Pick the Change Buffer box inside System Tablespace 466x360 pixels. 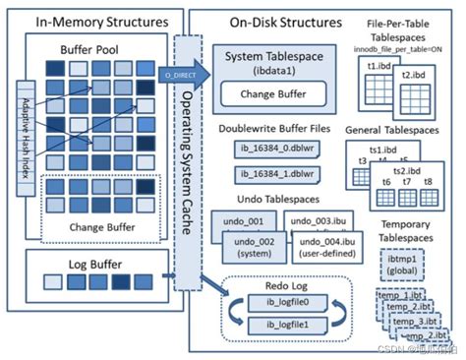(264, 95)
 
